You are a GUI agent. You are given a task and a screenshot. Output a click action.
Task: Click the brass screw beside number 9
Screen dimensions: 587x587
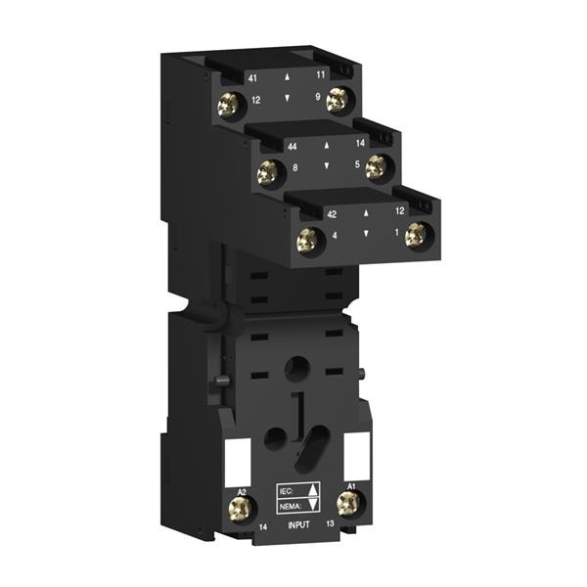[339, 95]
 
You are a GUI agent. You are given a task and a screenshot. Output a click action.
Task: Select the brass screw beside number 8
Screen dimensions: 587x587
[265, 175]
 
